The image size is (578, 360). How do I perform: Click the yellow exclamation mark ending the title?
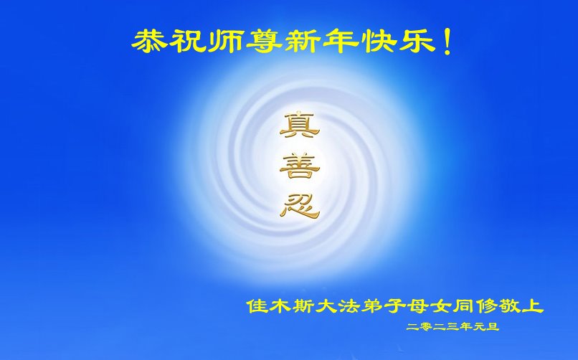[x=447, y=42]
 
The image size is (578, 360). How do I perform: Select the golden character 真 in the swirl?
[x=299, y=125]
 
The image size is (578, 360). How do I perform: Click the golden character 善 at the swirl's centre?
[x=299, y=166]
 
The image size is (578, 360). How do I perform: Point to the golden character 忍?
[x=299, y=207]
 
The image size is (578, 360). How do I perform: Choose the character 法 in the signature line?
[x=349, y=306]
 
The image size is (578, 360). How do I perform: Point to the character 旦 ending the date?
[x=493, y=326]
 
